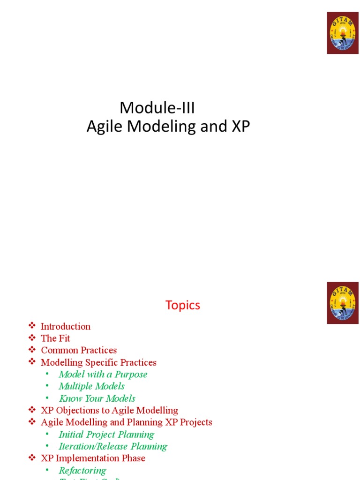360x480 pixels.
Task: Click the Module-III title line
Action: (157, 108)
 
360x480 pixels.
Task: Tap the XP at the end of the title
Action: (240, 126)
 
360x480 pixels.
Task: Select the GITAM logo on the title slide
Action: (343, 33)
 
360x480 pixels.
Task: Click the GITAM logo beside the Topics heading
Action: (343, 303)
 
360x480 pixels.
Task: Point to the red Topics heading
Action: (182, 305)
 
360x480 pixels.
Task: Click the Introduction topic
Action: (66, 326)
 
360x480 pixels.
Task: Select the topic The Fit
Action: (55, 338)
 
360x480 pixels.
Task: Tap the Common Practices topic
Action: (79, 350)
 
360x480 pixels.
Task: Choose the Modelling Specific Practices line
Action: (98, 362)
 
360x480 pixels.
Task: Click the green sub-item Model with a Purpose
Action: (103, 375)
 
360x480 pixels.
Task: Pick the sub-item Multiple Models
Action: (91, 386)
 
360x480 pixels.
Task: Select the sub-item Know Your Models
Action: (97, 398)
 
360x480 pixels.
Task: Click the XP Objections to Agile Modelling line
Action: (109, 411)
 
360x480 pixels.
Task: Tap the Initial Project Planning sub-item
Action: (106, 435)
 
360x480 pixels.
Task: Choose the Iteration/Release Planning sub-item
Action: (112, 446)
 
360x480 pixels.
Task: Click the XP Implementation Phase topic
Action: (93, 458)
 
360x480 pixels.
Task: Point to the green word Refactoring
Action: (82, 470)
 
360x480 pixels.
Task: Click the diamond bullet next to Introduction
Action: (32, 326)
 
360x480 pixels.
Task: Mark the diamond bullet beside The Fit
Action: (32, 338)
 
